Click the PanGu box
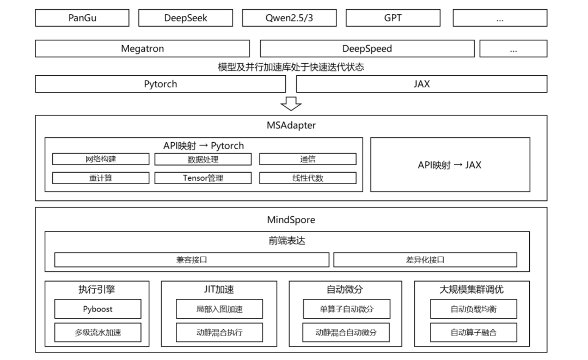point(82,18)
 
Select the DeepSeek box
point(186,18)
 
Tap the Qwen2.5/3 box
point(289,18)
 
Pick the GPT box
point(393,18)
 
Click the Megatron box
point(143,49)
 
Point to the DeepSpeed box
point(367,49)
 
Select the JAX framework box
point(421,84)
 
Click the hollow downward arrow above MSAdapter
point(291,104)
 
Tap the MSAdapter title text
point(291,125)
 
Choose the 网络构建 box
point(101,159)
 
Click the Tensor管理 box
point(203,178)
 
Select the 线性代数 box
point(308,178)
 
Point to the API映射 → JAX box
point(450,164)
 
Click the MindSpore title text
point(291,219)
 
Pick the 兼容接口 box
point(192,259)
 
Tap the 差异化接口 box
point(425,259)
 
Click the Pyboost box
point(97,309)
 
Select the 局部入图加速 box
point(219,309)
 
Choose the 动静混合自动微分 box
point(346,332)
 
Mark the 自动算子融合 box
point(473,332)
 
